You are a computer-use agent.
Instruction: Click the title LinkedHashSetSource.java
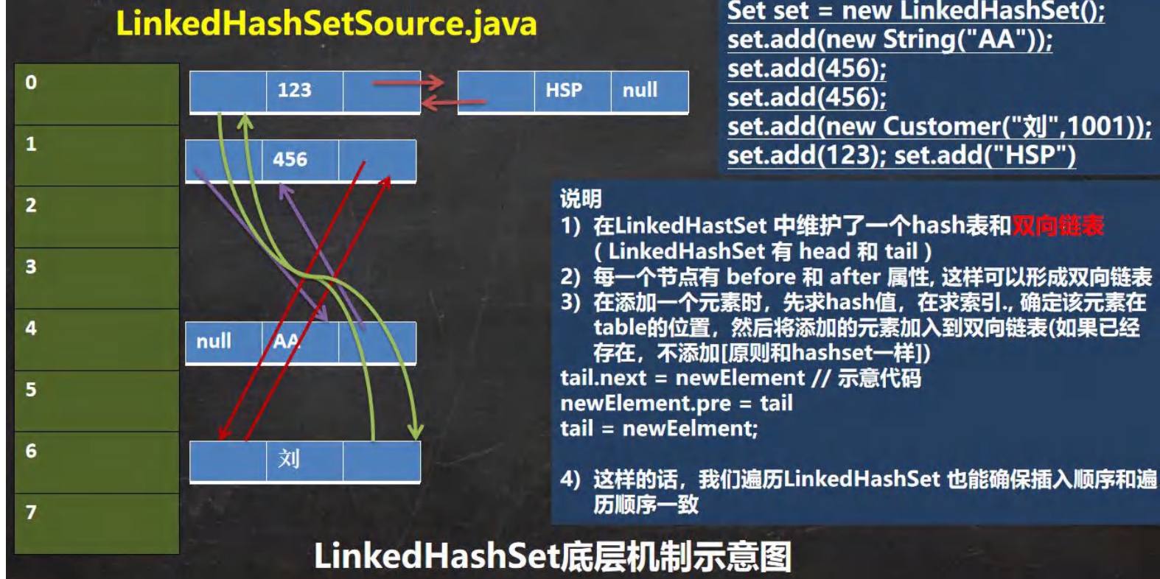click(326, 24)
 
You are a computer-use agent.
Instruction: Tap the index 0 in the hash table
click(31, 83)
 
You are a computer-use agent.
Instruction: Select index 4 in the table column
click(31, 328)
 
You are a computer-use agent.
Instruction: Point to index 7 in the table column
click(31, 512)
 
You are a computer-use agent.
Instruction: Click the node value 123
click(294, 91)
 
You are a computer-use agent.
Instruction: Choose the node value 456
click(290, 160)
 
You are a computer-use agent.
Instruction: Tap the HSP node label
click(564, 91)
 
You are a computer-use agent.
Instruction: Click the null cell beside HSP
click(640, 91)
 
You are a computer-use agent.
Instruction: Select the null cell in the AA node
click(214, 341)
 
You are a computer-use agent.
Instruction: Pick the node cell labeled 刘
click(289, 460)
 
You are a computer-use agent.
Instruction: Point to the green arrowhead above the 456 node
click(245, 121)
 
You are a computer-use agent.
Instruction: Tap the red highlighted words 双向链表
click(1058, 225)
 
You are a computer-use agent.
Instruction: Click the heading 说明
click(581, 199)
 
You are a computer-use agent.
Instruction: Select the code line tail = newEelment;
click(659, 429)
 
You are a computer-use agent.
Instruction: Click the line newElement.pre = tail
click(676, 404)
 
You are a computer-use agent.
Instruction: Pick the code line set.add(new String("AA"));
click(890, 40)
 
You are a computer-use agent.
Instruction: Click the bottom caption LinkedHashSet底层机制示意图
click(553, 557)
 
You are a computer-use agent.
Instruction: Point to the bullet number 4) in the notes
click(570, 480)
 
